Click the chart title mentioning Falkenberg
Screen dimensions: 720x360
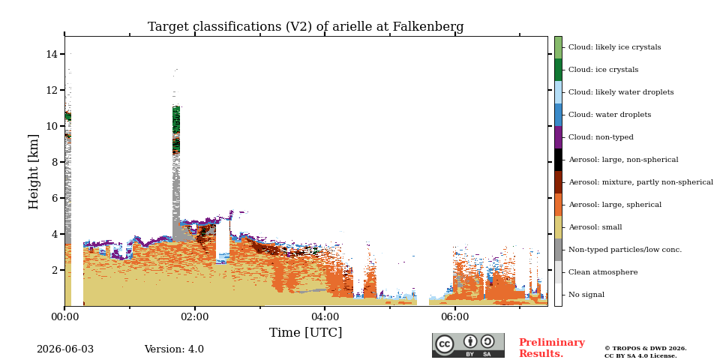point(305,27)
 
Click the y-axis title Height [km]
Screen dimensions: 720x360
point(34,172)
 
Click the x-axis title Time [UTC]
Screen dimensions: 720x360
point(305,332)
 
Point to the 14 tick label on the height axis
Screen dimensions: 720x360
point(52,54)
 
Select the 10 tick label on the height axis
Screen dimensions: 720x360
point(52,126)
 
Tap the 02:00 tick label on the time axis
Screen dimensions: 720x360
point(195,317)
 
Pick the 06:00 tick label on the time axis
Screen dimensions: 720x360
point(455,317)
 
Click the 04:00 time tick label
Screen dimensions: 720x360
point(325,317)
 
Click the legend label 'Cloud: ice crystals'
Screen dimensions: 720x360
point(603,70)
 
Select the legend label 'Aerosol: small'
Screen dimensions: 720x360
point(595,227)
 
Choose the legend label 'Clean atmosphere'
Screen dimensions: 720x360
point(603,272)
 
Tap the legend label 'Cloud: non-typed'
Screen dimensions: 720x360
point(601,137)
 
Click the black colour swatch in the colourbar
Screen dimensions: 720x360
point(558,160)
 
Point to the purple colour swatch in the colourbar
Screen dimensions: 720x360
point(558,137)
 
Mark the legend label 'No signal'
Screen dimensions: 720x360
point(586,295)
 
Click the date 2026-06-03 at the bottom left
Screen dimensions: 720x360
point(65,349)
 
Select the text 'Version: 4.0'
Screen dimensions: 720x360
point(174,349)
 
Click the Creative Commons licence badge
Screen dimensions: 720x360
point(468,345)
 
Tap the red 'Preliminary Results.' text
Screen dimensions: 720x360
point(552,348)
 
